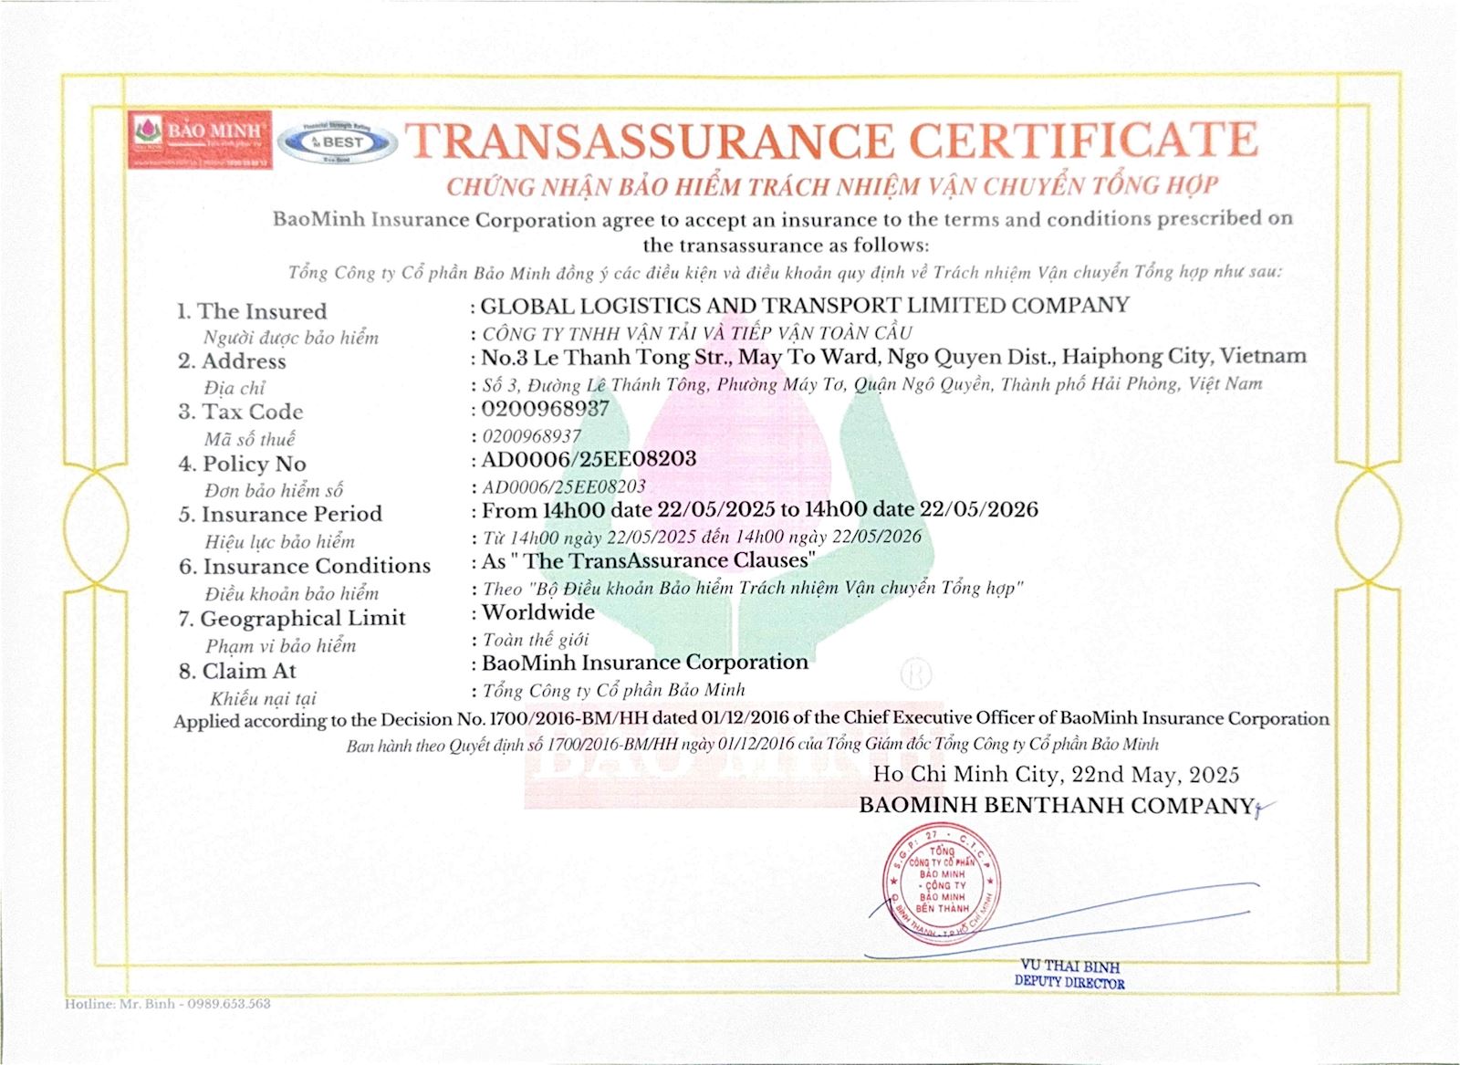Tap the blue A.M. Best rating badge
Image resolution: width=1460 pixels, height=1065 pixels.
click(338, 141)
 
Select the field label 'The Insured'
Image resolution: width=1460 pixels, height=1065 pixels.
click(261, 311)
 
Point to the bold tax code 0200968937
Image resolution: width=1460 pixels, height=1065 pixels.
click(545, 409)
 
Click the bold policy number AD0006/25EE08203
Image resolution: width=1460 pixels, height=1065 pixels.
click(589, 459)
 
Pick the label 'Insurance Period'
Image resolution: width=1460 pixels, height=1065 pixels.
click(291, 515)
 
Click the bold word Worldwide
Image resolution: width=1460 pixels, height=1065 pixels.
click(538, 612)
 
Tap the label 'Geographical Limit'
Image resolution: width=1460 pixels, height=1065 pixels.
click(302, 619)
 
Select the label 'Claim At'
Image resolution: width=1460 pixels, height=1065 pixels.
click(248, 672)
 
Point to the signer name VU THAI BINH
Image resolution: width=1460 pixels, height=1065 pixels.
click(1069, 966)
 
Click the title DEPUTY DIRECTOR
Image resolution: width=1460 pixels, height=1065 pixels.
click(1069, 982)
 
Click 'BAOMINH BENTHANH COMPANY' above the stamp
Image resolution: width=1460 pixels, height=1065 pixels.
click(1057, 806)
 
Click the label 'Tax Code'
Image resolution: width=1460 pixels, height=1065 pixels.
click(252, 412)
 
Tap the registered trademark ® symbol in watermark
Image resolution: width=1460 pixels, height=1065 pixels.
click(915, 674)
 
